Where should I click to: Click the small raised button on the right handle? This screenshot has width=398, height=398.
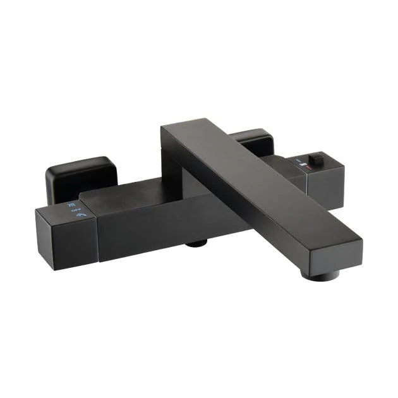[x=316, y=158]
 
